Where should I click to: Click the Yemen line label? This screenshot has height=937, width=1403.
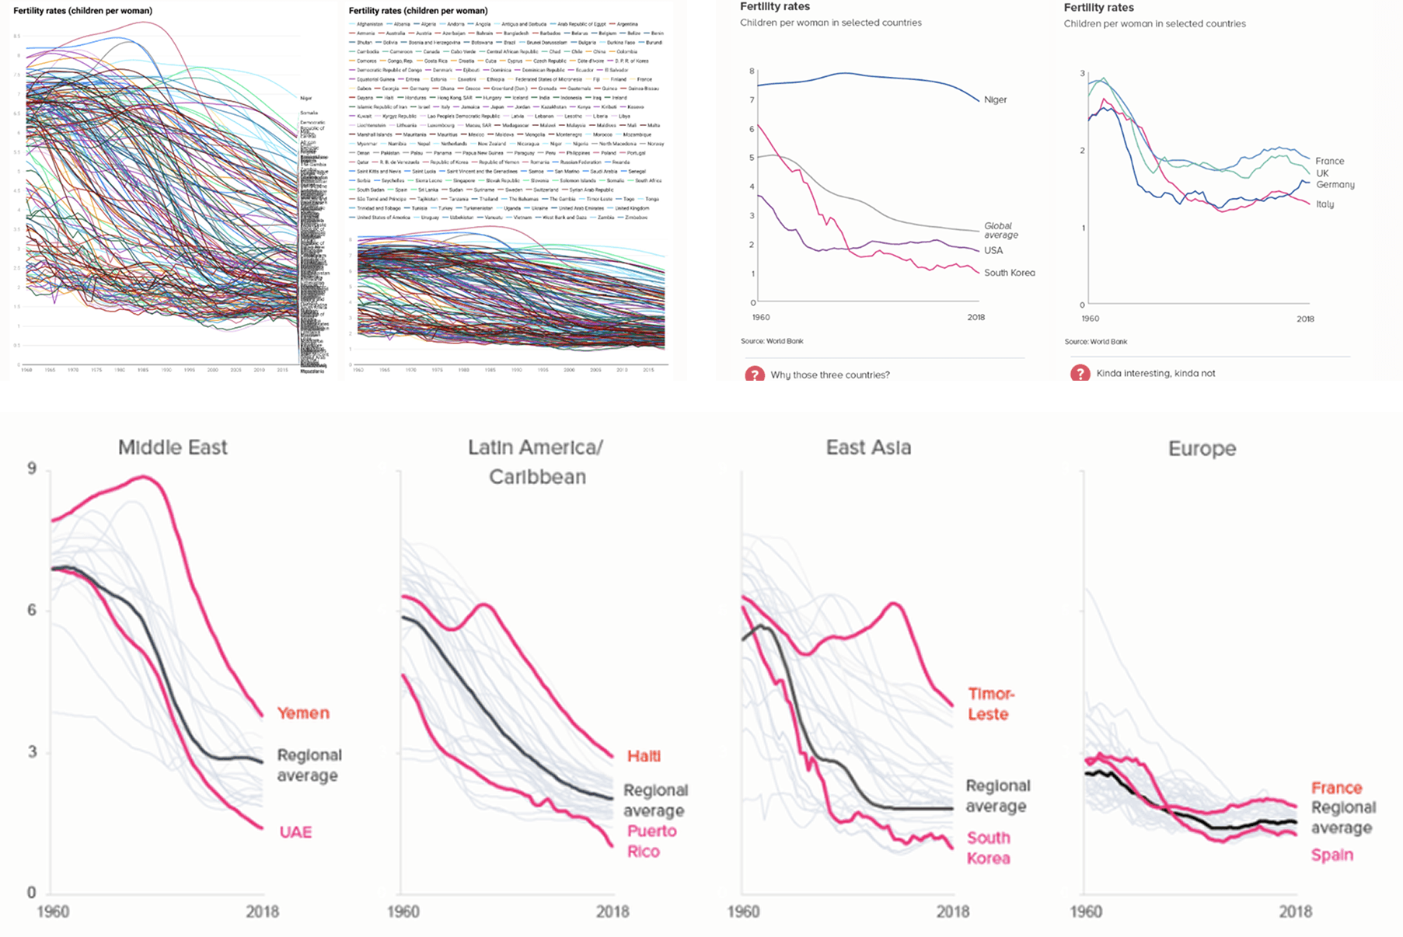(303, 713)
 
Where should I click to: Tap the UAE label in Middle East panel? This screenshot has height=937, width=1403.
(295, 832)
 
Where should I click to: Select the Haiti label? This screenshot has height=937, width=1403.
(644, 756)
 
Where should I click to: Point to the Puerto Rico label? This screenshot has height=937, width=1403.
(651, 841)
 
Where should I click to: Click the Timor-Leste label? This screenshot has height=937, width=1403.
(990, 704)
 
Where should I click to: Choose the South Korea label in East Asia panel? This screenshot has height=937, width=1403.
(988, 848)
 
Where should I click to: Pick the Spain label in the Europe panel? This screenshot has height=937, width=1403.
(1331, 855)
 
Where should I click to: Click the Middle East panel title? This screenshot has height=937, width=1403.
(173, 448)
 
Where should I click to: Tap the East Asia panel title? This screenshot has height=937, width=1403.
(868, 448)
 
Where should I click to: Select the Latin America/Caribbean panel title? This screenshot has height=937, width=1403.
(536, 462)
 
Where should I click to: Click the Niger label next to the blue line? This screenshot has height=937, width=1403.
(995, 99)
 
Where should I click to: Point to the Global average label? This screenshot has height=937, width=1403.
(1000, 231)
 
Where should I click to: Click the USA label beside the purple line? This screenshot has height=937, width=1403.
(993, 250)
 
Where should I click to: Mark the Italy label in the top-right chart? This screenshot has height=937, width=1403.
(1324, 204)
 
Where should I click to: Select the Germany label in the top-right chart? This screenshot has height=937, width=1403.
(1335, 185)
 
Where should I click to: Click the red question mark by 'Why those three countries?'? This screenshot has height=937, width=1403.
(754, 374)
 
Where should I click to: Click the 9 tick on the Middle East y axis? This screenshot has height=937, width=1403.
(32, 468)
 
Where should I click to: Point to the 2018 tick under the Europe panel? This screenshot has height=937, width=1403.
(1295, 911)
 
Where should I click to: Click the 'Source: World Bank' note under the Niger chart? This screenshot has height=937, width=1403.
(772, 341)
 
